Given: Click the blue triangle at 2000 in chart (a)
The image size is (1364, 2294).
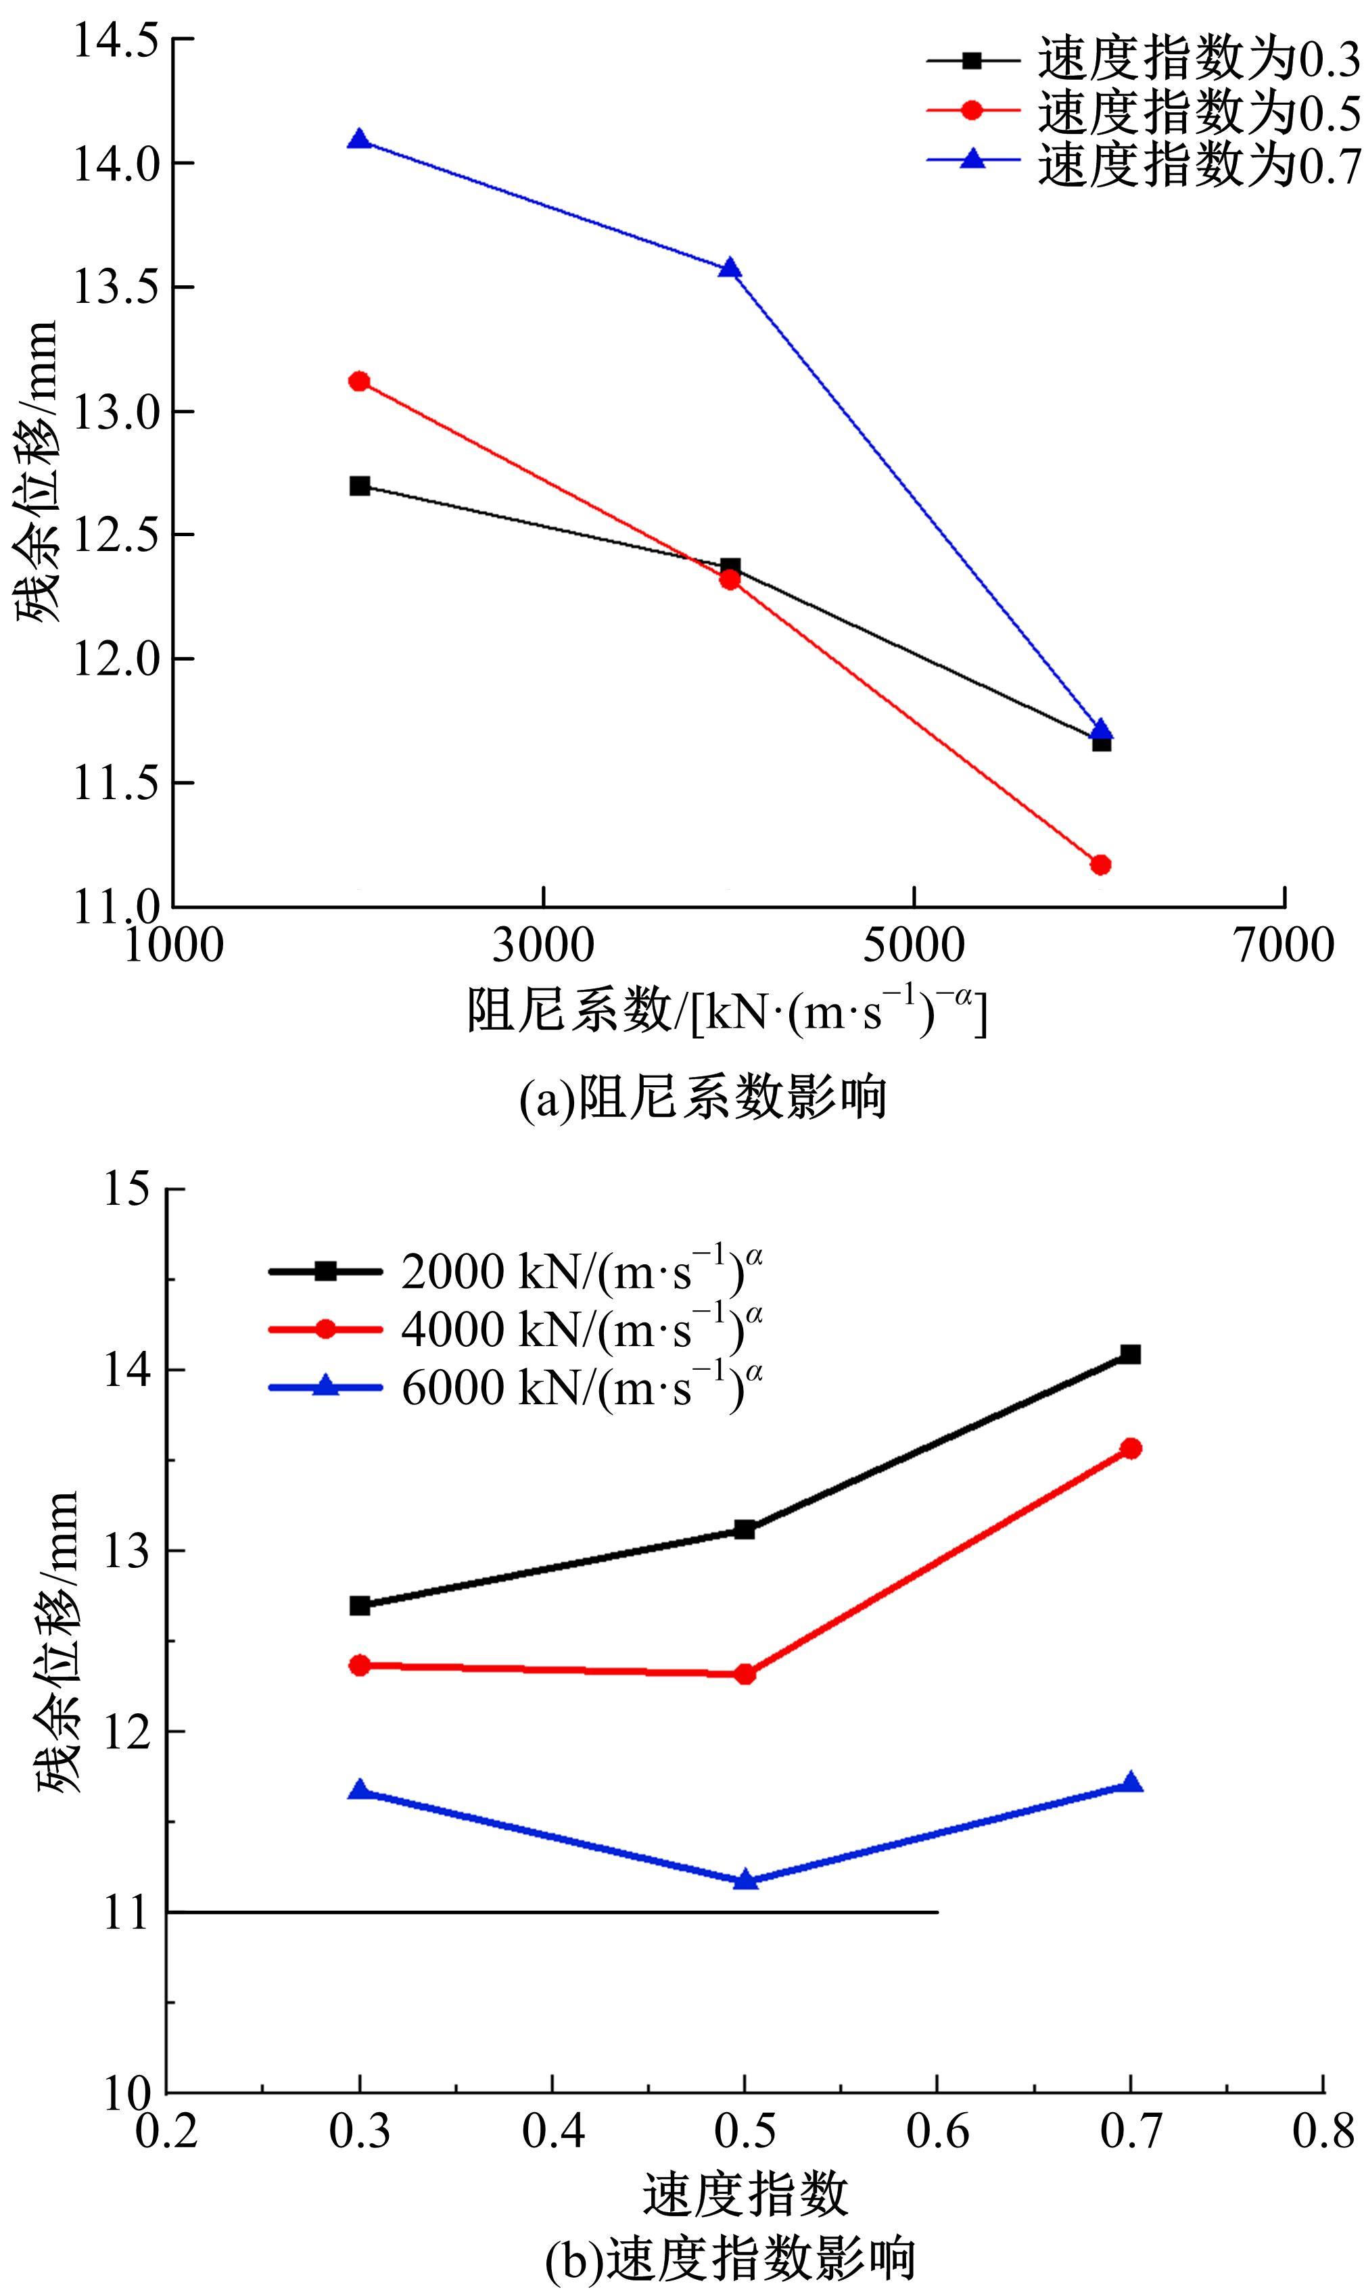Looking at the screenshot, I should pyautogui.click(x=359, y=140).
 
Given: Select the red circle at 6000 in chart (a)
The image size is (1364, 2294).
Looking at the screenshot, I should pyautogui.click(x=1100, y=865).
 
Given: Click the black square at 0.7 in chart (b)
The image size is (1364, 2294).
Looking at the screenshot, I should pyautogui.click(x=1129, y=1354).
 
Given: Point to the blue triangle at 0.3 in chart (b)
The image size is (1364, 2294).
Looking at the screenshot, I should pyautogui.click(x=359, y=1790).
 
